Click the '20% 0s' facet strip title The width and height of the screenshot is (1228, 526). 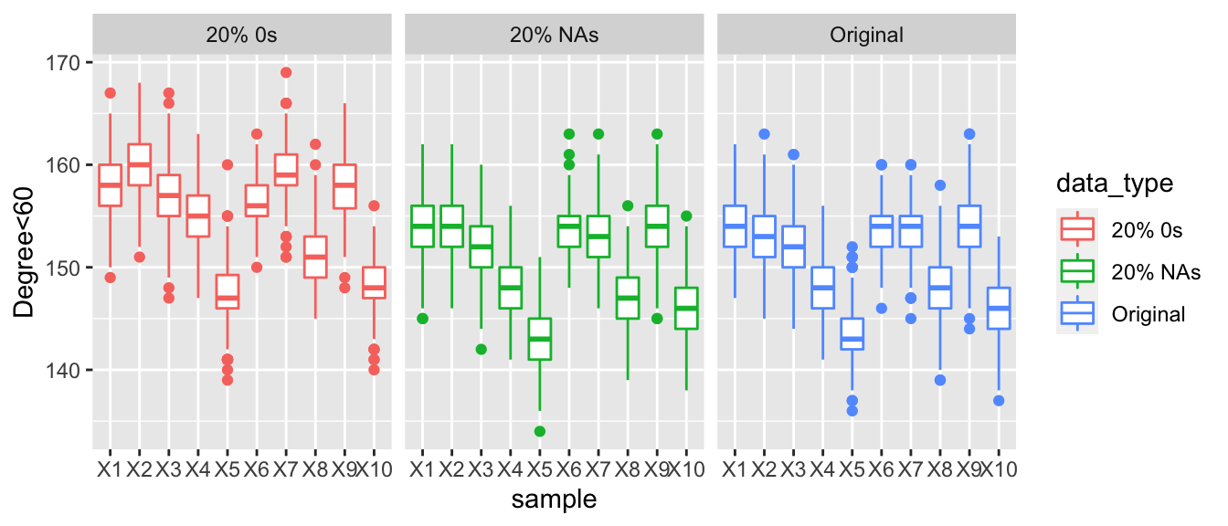pyautogui.click(x=241, y=37)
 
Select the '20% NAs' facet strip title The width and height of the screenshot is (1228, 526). pyautogui.click(x=554, y=37)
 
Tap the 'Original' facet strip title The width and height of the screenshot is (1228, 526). pyautogui.click(x=866, y=37)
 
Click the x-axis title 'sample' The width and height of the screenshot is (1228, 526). pyautogui.click(x=554, y=500)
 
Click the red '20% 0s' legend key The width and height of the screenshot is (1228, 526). pyautogui.click(x=1078, y=230)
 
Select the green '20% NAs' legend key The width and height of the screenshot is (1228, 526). pyautogui.click(x=1078, y=272)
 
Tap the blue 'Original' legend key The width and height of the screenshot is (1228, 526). pyautogui.click(x=1078, y=314)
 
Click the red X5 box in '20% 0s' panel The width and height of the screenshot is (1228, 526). pyautogui.click(x=228, y=292)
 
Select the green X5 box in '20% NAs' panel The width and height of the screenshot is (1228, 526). pyautogui.click(x=540, y=339)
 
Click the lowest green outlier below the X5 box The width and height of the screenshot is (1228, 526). pyautogui.click(x=540, y=431)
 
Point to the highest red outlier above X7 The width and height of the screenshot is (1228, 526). pyautogui.click(x=285, y=73)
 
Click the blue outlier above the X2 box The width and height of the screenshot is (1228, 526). pyautogui.click(x=764, y=134)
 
